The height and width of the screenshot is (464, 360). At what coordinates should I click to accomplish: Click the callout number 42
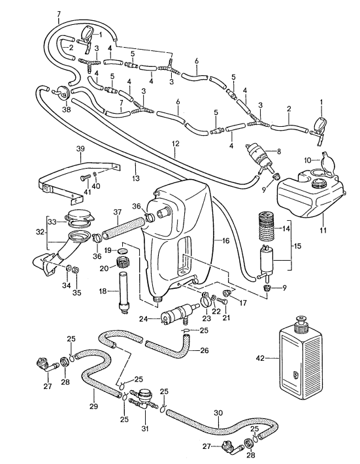point(261,358)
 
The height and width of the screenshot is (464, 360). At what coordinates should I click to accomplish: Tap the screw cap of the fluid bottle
point(301,325)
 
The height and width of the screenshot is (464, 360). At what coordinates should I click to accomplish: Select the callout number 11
point(323,229)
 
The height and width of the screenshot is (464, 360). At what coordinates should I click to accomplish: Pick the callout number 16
point(225,240)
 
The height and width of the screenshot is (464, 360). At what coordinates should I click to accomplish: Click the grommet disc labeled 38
point(63,92)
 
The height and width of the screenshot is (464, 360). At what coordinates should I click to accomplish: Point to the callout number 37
point(118,212)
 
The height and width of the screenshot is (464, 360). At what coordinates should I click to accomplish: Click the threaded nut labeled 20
point(122,261)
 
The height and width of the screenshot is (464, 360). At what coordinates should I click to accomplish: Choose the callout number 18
point(103,291)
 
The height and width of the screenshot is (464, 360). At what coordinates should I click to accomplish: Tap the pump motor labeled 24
point(178,313)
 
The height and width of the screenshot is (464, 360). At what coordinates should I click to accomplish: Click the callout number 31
point(145,428)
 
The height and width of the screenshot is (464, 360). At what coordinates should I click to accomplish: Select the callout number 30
point(218,413)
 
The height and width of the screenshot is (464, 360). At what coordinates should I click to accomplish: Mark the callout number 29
point(93,406)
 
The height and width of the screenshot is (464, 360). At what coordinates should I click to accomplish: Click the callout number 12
point(175,144)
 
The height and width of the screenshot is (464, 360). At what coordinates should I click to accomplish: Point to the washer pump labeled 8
point(258,157)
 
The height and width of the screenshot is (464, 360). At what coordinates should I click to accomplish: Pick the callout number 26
point(204,351)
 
